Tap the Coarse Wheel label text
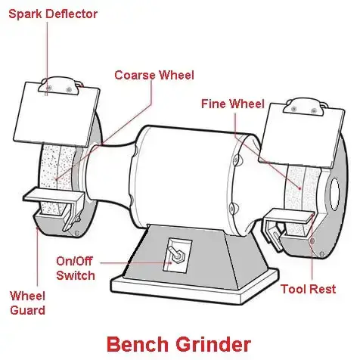154,75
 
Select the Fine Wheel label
232,103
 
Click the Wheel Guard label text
27,303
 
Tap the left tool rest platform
49,194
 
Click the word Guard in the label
27,310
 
